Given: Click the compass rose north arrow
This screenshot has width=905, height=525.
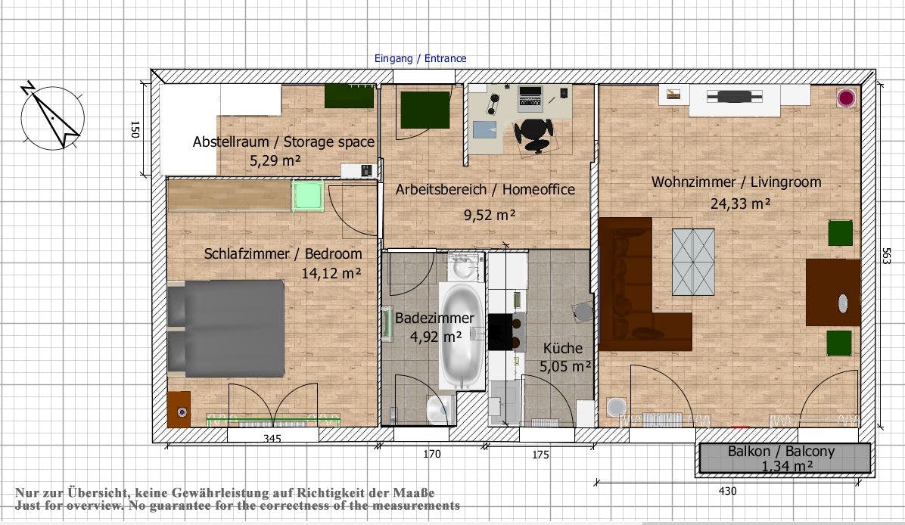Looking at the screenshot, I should tap(51, 114).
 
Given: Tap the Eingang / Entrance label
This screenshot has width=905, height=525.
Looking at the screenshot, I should tap(421, 58).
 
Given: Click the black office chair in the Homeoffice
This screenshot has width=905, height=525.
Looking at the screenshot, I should tap(534, 132).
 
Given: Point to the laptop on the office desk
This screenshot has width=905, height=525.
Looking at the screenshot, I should tap(530, 96).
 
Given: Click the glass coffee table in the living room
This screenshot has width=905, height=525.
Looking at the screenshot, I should tap(693, 261).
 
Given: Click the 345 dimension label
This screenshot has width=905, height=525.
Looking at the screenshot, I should tap(273, 439).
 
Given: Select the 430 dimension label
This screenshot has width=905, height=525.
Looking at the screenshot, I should tap(726, 491).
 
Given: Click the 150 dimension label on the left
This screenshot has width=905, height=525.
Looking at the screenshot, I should tap(134, 129).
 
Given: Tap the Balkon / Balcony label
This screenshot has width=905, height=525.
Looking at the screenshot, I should tap(781, 452).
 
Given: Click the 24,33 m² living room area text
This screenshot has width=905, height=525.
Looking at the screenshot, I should tap(740, 203).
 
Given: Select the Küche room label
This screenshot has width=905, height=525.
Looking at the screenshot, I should tap(563, 348).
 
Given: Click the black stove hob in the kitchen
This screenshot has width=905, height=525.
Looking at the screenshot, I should tap(501, 332).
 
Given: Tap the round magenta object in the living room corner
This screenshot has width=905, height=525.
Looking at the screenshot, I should tap(846, 98).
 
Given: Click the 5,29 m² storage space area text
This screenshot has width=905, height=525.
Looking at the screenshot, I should tap(275, 160).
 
